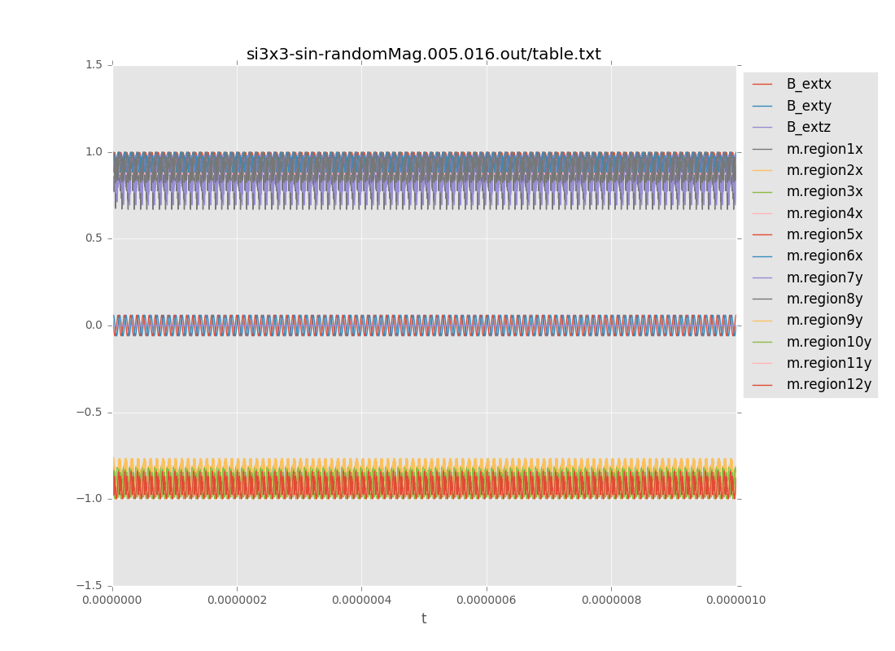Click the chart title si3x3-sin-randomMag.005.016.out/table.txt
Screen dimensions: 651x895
pos(424,55)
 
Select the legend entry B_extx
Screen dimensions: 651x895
pos(808,84)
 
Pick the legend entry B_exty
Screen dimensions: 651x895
pos(808,106)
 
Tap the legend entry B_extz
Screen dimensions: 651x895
pos(808,127)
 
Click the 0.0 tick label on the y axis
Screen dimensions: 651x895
pos(94,325)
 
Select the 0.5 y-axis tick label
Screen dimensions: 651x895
pos(94,238)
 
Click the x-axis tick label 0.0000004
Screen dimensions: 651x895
pos(361,601)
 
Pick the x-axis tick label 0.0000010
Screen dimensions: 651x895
pos(736,601)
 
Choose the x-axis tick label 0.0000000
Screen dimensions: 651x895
pos(112,601)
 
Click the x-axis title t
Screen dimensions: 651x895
pos(424,619)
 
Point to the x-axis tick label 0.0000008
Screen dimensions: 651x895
pos(611,601)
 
